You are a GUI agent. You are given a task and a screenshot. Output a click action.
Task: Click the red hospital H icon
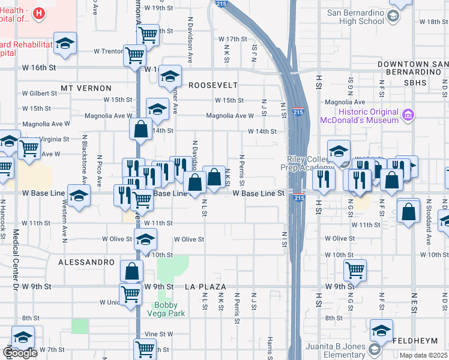[x=40, y=13]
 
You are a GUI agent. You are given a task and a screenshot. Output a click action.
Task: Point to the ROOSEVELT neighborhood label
[x=213, y=85]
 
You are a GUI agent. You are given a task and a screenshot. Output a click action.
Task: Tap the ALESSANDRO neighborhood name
[x=86, y=262]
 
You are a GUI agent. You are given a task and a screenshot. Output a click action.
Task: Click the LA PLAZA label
[x=208, y=287]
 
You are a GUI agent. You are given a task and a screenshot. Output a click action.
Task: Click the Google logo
[x=20, y=353]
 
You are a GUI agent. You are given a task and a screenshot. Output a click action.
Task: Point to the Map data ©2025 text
[x=424, y=355]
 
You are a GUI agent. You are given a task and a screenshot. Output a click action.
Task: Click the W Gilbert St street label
[x=40, y=94]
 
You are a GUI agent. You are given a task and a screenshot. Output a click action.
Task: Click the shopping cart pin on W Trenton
[x=134, y=56]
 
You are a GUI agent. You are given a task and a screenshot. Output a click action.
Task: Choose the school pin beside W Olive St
[x=145, y=240]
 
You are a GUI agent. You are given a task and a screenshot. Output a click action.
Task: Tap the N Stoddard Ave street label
[x=429, y=230]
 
